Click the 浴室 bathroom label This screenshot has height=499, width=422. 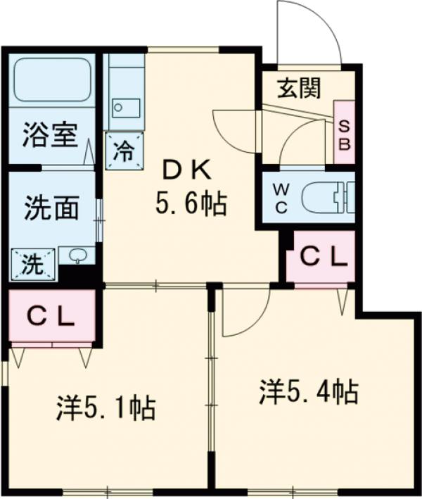[50, 134]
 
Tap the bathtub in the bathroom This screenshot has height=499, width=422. [51, 80]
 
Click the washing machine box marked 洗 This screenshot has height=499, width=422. [32, 265]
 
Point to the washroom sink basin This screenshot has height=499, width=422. [77, 255]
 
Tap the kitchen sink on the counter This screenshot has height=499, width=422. [127, 108]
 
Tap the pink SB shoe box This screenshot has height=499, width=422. [345, 132]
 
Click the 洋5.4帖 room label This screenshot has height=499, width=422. [309, 391]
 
